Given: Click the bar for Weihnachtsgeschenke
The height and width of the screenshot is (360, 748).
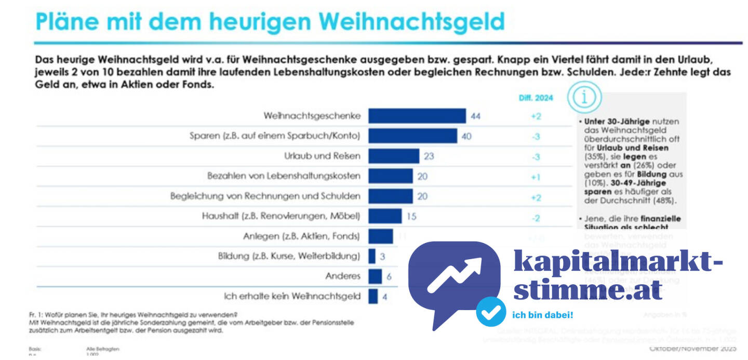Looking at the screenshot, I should tap(417, 116).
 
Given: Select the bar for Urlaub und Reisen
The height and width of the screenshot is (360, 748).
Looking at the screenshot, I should tap(394, 156).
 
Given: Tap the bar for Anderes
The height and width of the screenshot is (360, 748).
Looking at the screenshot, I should tap(375, 276).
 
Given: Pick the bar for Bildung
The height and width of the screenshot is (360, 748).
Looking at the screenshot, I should tap(372, 256).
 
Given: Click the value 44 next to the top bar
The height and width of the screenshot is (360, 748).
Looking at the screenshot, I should tap(475, 116).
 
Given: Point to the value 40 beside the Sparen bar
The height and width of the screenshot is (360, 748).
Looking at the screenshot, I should tap(466, 136).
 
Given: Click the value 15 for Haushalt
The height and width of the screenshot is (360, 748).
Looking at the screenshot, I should tap(411, 216).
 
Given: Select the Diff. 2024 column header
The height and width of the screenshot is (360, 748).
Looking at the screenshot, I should tap(536, 97).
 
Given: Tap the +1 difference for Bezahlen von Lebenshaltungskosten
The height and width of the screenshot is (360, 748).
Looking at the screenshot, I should tap(536, 177).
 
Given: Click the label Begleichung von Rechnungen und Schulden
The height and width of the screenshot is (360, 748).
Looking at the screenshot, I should tap(265, 196).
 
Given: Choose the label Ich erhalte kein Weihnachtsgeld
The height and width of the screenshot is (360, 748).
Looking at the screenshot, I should tap(292, 296).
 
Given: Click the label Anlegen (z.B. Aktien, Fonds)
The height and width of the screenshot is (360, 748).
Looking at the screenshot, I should tap(301, 236).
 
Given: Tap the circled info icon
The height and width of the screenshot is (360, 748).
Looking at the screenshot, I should tap(584, 97).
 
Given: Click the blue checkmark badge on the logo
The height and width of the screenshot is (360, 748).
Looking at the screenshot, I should tap(491, 312).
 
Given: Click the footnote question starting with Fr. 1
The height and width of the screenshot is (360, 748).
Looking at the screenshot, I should tap(133, 314).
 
